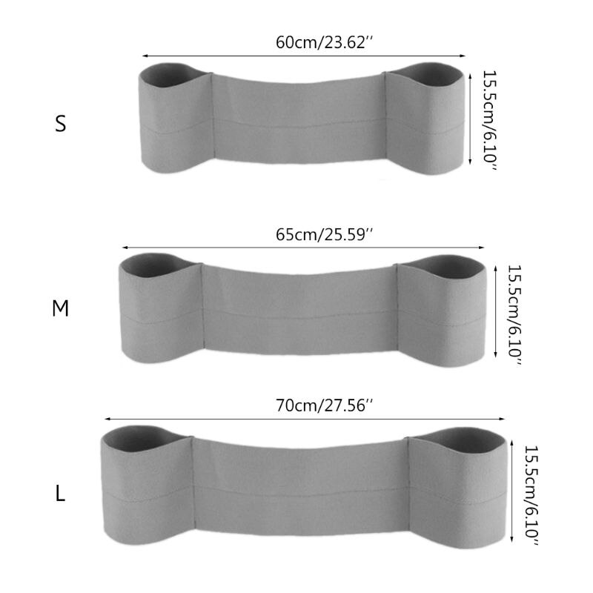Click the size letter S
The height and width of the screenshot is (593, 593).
pyautogui.click(x=61, y=123)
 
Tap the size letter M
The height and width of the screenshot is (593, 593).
pyautogui.click(x=61, y=308)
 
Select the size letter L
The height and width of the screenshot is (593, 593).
pyautogui.click(x=61, y=493)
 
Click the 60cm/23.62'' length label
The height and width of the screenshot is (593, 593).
pyautogui.click(x=325, y=42)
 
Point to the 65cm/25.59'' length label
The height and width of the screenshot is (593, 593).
pyautogui.click(x=325, y=234)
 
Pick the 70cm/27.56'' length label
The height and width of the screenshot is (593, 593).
pyautogui.click(x=325, y=405)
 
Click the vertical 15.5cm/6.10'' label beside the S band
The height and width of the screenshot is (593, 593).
pyautogui.click(x=489, y=120)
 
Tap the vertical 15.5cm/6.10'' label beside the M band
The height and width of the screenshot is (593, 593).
pyautogui.click(x=514, y=314)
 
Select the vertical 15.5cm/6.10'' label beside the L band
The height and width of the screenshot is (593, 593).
pyautogui.click(x=531, y=495)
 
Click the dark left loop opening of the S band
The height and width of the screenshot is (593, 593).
pyautogui.click(x=170, y=75)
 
